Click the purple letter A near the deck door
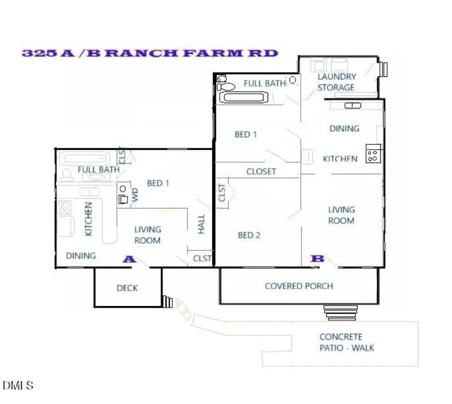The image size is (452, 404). pos(130,259)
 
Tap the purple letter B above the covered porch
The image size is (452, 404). pos(317,259)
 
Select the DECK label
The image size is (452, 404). pos(127,288)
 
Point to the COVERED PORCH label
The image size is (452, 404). pos(299,286)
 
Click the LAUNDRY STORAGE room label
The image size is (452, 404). pos(337,82)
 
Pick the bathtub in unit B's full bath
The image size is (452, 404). pos(244,97)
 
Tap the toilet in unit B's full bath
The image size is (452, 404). pos(226,86)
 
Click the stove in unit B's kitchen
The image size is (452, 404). pos(373,154)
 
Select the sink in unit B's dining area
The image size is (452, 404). pos(353,106)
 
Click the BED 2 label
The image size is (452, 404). pos(249,235)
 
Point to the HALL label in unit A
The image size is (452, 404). pos(201,224)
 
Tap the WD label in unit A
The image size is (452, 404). pos(135,195)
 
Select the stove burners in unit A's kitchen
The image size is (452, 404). pos(64,207)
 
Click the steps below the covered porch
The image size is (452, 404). pos(340,313)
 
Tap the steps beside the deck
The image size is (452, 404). pos(168,302)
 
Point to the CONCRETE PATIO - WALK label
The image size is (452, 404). pos(347,342)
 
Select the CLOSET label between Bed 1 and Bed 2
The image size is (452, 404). pos(261,172)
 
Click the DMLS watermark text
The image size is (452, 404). pos(18,385)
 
